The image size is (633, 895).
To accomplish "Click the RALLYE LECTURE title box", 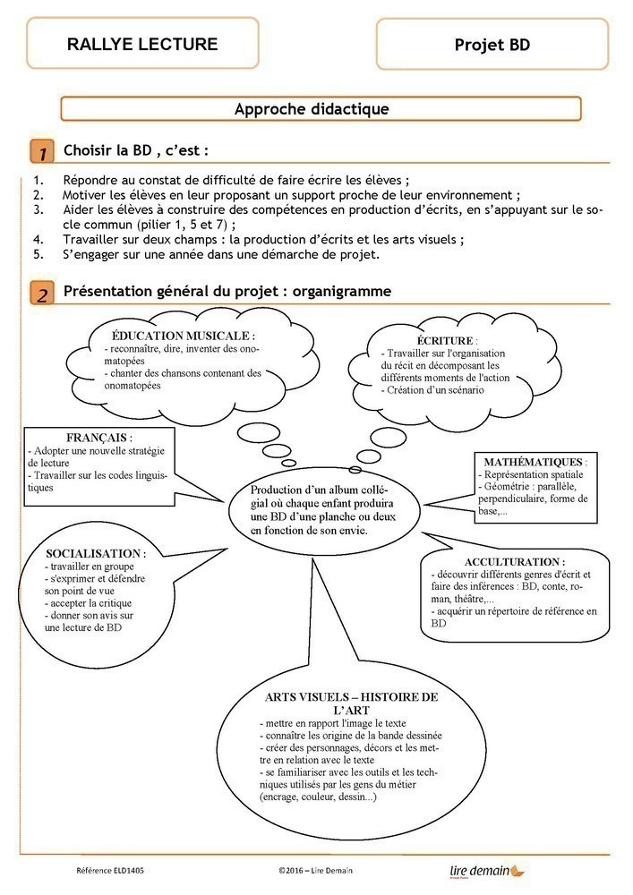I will (142, 43).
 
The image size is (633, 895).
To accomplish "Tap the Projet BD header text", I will (492, 45).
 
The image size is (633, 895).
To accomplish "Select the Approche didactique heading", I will (311, 109).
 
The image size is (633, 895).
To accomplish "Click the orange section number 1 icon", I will (40, 150).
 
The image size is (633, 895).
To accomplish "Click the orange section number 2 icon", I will (40, 293).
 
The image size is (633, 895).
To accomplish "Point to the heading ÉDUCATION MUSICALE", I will (184, 335).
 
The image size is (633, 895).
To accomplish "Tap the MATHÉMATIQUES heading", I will (534, 461).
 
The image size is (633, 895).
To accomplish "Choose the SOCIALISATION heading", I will (95, 554).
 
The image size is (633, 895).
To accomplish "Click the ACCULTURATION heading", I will (502, 561).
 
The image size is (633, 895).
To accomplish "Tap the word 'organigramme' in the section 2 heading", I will (344, 292).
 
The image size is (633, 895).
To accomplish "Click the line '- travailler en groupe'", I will (88, 567).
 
